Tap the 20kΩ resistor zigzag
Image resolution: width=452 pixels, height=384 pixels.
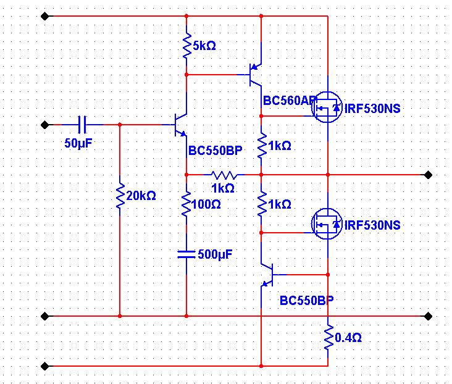click(x=119, y=196)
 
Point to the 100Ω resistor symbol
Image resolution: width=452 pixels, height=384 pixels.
click(x=186, y=204)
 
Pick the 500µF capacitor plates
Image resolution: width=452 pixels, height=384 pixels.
click(x=186, y=254)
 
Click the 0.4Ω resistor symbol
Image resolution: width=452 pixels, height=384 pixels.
click(x=328, y=338)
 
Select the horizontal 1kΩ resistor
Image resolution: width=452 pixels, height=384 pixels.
click(x=222, y=175)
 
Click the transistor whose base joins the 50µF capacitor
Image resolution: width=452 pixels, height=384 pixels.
click(x=180, y=125)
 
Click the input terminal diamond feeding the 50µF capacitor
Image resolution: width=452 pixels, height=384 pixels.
click(x=44, y=125)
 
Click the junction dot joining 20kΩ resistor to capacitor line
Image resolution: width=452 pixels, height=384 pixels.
click(x=119, y=125)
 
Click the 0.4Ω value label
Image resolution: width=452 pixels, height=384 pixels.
click(x=348, y=338)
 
